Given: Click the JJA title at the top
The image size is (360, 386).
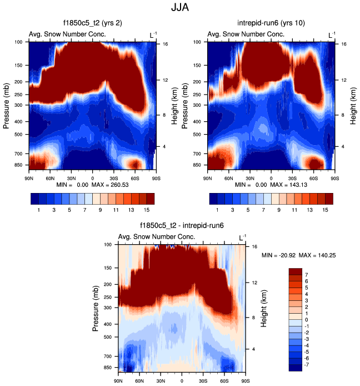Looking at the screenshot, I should click(x=181, y=8).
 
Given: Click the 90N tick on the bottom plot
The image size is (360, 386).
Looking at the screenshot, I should click(x=118, y=380).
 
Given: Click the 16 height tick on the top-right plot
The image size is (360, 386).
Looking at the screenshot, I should click(x=344, y=43).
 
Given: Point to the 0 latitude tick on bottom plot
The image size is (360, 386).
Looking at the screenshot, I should click(x=182, y=380).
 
